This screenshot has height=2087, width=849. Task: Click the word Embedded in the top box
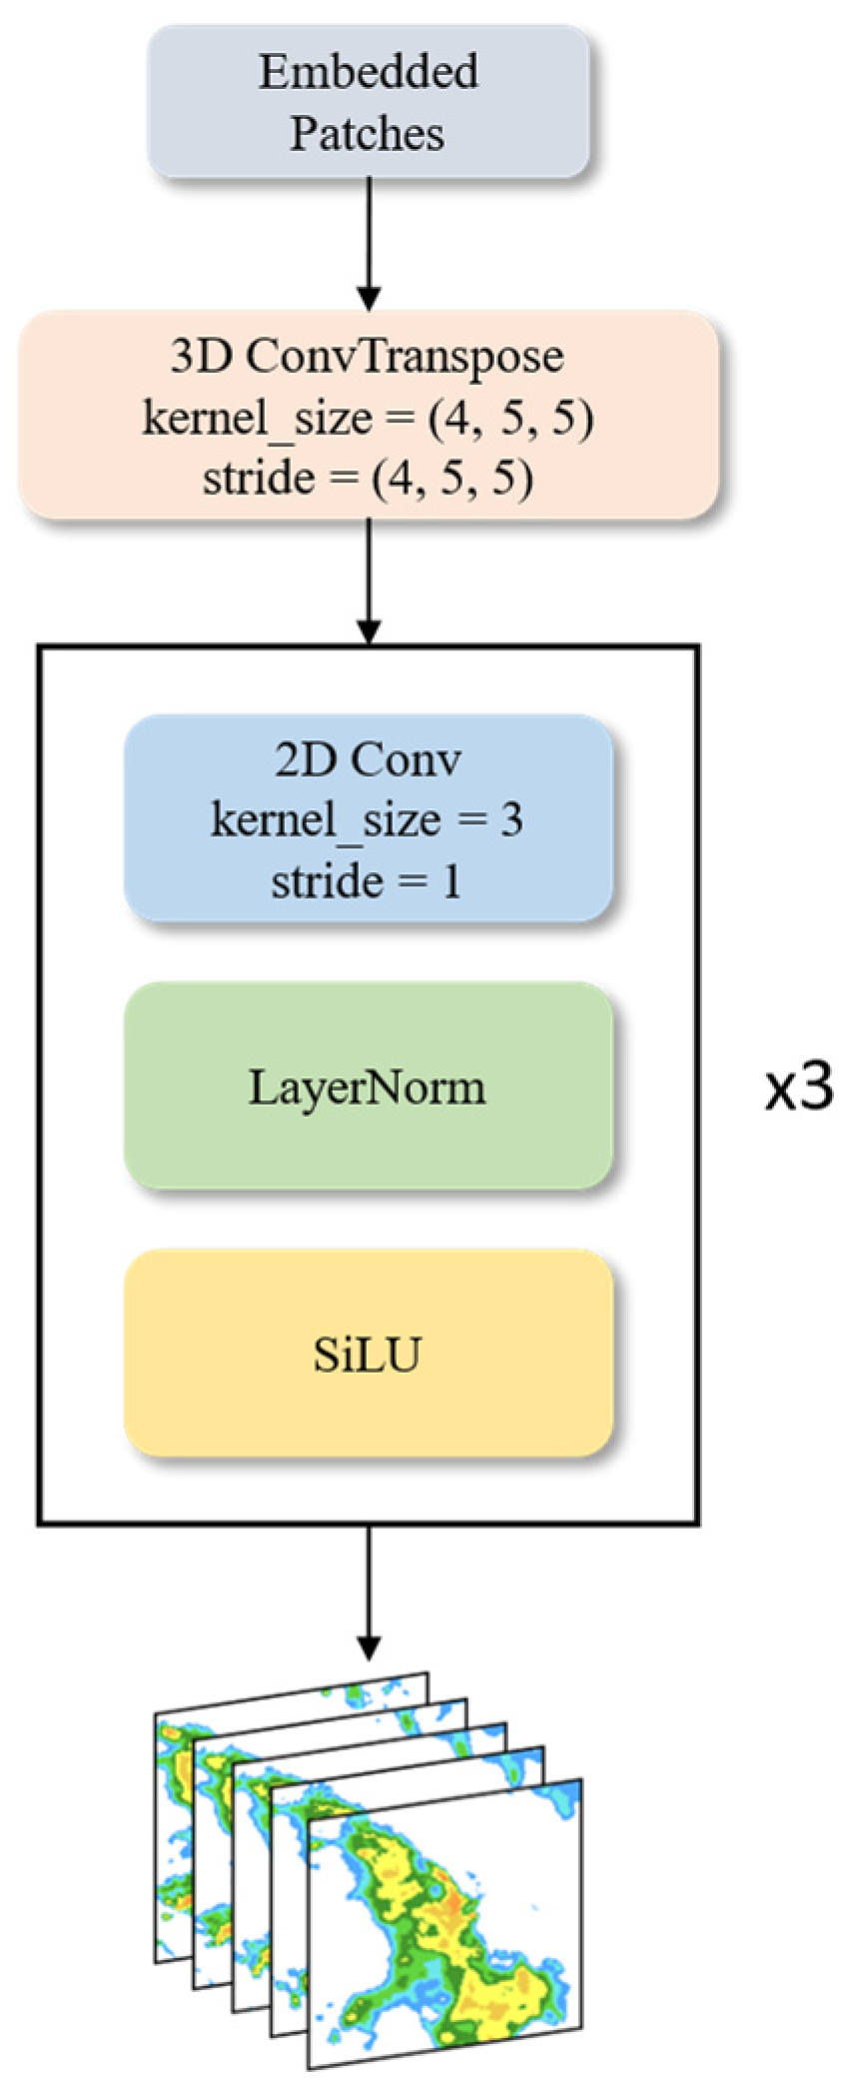coord(368,73)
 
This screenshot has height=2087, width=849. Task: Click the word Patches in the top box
coord(367,134)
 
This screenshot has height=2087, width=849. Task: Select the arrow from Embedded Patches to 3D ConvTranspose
coord(369,245)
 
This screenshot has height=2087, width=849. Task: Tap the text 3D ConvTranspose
coord(367,357)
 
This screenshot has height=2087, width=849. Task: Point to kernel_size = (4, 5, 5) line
coord(368,418)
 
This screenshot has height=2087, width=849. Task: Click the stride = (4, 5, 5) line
coord(368,478)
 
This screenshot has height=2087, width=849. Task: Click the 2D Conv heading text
coord(368,760)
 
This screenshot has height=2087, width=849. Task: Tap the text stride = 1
coord(367,881)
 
